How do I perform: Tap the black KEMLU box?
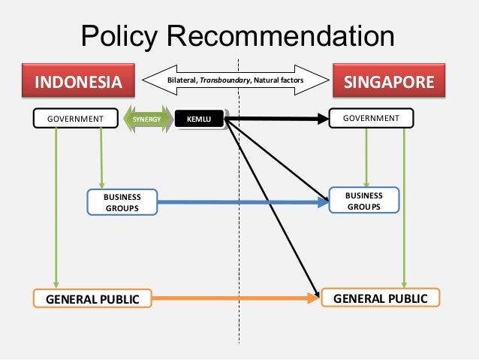pos(199,119)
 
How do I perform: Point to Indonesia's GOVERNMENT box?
pos(75,119)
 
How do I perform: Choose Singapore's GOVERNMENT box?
pos(371,118)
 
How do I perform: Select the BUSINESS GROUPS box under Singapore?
pos(363,200)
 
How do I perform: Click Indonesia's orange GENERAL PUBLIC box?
pos(93,299)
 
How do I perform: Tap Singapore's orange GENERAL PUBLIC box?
pos(380,298)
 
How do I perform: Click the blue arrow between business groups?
pos(240,201)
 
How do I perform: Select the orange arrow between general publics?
pos(233,299)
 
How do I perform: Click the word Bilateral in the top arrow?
pos(186,78)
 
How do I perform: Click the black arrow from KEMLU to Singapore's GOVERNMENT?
pos(278,118)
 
